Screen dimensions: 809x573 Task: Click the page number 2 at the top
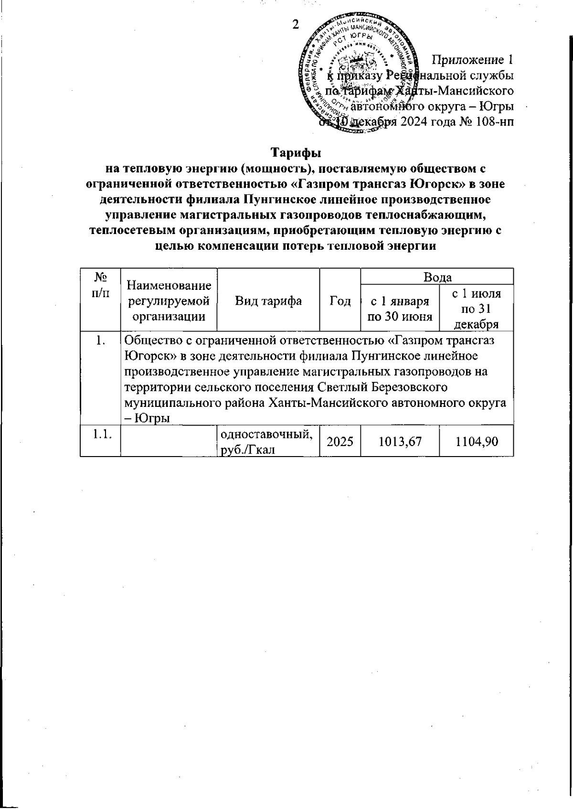point(295,25)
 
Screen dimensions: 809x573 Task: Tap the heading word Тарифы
point(296,153)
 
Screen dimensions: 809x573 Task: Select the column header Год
point(340,301)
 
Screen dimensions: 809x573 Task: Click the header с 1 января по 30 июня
point(399,308)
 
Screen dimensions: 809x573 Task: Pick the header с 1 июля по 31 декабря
point(476,308)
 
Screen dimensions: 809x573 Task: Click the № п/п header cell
point(100,286)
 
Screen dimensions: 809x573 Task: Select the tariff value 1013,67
point(399,442)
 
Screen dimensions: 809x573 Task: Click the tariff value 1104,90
point(476,442)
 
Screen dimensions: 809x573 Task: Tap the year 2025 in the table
point(340,442)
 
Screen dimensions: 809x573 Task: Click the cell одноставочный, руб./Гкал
point(267,442)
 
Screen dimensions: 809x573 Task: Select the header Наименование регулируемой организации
point(169,301)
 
